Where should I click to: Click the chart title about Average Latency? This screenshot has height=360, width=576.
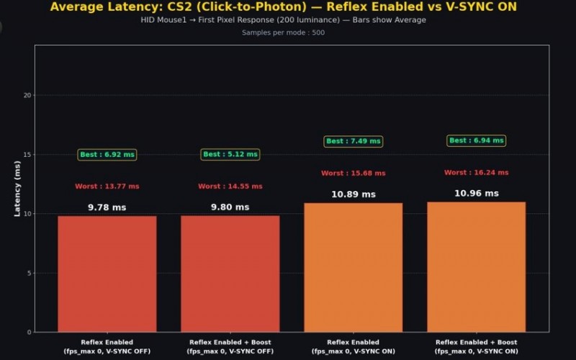pyautogui.click(x=283, y=7)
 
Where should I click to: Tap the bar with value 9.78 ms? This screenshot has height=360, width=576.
pyautogui.click(x=107, y=274)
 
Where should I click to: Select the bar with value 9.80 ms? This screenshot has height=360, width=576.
pyautogui.click(x=230, y=274)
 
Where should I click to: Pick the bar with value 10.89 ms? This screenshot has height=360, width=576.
pyautogui.click(x=353, y=267)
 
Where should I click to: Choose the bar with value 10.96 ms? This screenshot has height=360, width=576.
pyautogui.click(x=476, y=267)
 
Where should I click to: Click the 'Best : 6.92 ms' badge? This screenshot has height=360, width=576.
pyautogui.click(x=107, y=155)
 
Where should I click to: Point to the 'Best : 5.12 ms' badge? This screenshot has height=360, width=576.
pyautogui.click(x=230, y=154)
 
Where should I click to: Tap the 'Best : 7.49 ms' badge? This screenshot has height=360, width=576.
pyautogui.click(x=353, y=141)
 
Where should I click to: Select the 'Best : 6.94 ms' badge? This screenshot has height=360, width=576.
pyautogui.click(x=476, y=140)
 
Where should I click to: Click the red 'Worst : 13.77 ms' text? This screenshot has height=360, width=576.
pyautogui.click(x=107, y=186)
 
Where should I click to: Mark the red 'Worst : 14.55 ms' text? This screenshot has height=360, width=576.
pyautogui.click(x=230, y=186)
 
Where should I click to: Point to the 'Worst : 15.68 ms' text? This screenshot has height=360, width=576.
pyautogui.click(x=353, y=174)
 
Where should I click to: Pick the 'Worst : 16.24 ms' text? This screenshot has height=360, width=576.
pyautogui.click(x=476, y=173)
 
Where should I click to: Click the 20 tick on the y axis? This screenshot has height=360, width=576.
pyautogui.click(x=27, y=95)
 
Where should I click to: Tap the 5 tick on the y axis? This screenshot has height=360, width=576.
pyautogui.click(x=30, y=273)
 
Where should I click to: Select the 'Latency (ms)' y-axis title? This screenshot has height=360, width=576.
pyautogui.click(x=17, y=189)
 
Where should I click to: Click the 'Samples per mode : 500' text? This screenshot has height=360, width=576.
pyautogui.click(x=283, y=32)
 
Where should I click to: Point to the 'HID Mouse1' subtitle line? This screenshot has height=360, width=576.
pyautogui.click(x=283, y=20)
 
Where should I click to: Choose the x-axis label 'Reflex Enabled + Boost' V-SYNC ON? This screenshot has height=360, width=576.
pyautogui.click(x=476, y=346)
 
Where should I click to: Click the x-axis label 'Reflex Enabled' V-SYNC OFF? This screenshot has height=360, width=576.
pyautogui.click(x=107, y=346)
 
